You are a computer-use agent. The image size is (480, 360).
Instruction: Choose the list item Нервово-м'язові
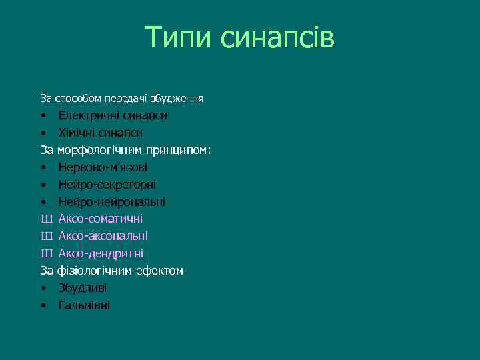tap(103, 167)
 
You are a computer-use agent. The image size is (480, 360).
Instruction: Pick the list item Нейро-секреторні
tap(107, 185)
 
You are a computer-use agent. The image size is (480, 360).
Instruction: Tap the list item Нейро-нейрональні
tap(111, 201)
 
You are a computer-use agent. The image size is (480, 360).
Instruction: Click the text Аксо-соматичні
tap(100, 219)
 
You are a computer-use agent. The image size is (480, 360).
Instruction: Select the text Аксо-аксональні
tap(103, 236)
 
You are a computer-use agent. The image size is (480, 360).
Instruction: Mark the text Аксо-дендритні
tap(101, 253)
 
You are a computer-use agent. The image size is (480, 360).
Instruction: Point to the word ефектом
tap(160, 271)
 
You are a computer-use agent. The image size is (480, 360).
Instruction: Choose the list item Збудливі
tap(82, 288)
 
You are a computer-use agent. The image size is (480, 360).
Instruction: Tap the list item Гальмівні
tap(84, 305)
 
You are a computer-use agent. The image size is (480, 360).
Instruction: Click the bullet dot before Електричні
tap(43, 116)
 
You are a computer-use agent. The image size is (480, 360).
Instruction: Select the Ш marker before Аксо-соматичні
tap(45, 219)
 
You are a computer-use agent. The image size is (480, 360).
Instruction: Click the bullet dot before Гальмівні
tap(43, 306)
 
